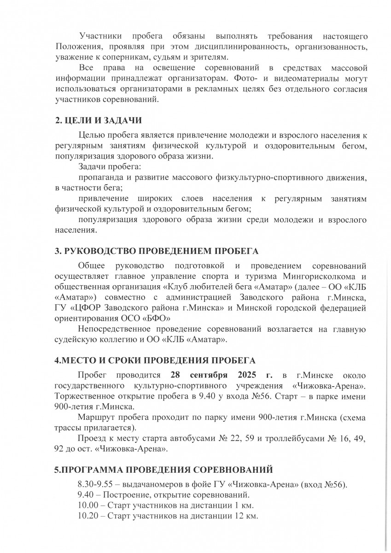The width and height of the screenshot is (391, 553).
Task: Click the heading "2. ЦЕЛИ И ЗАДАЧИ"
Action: coord(98,121)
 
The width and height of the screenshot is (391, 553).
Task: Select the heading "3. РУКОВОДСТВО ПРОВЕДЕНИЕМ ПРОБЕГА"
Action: coord(157,251)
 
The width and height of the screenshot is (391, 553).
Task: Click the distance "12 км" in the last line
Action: coord(245,516)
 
